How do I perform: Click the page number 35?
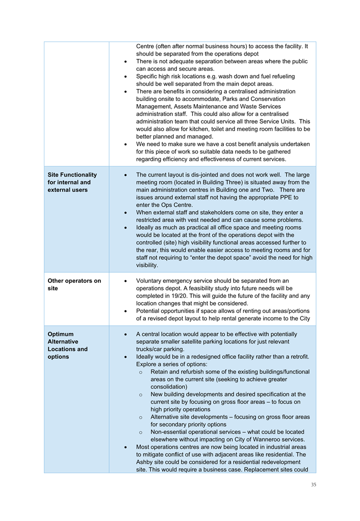[x=313, y=484]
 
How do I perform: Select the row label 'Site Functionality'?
[x=72, y=175]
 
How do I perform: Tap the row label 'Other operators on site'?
[x=74, y=284]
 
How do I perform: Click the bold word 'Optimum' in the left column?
[x=61, y=334]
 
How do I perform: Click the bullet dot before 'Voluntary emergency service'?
[x=125, y=281]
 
